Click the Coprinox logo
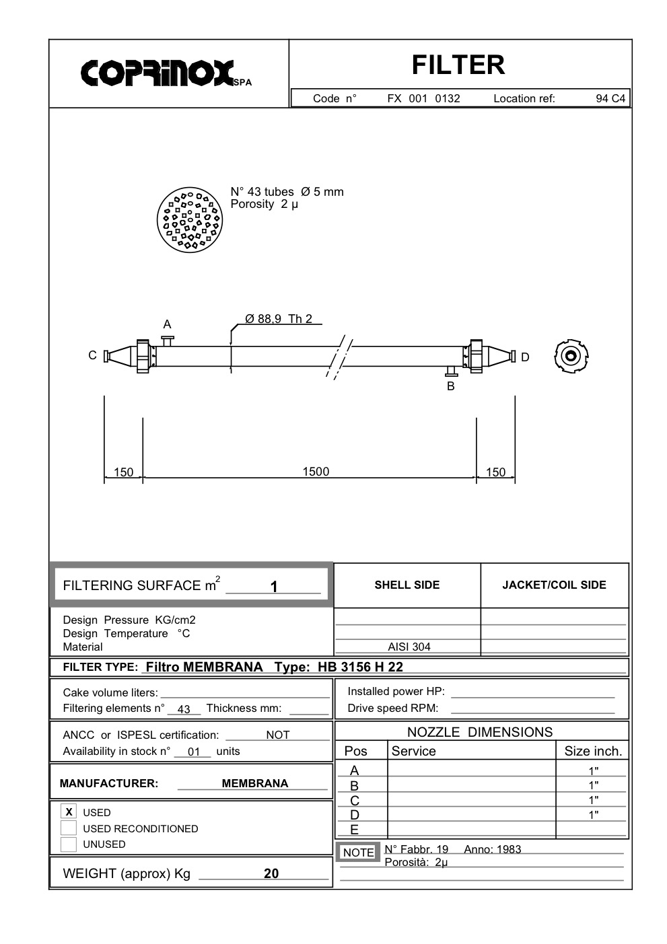click(x=160, y=73)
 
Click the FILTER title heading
click(x=458, y=65)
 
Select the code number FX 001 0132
click(x=423, y=99)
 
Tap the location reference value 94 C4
click(x=610, y=99)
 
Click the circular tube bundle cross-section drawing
click(x=189, y=220)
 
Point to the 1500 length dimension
click(x=316, y=472)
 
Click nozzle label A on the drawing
click(x=167, y=325)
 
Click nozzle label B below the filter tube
click(x=451, y=386)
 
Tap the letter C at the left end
click(x=93, y=355)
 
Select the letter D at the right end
click(x=525, y=357)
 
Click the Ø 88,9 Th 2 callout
click(x=279, y=319)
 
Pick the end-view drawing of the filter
click(x=571, y=356)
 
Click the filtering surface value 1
click(x=274, y=587)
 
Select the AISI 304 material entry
click(x=409, y=647)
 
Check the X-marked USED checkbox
click(x=69, y=811)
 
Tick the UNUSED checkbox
click(x=69, y=844)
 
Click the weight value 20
click(x=271, y=873)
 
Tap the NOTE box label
click(x=358, y=852)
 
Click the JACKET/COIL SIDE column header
click(x=554, y=585)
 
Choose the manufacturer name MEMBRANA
click(x=254, y=783)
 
